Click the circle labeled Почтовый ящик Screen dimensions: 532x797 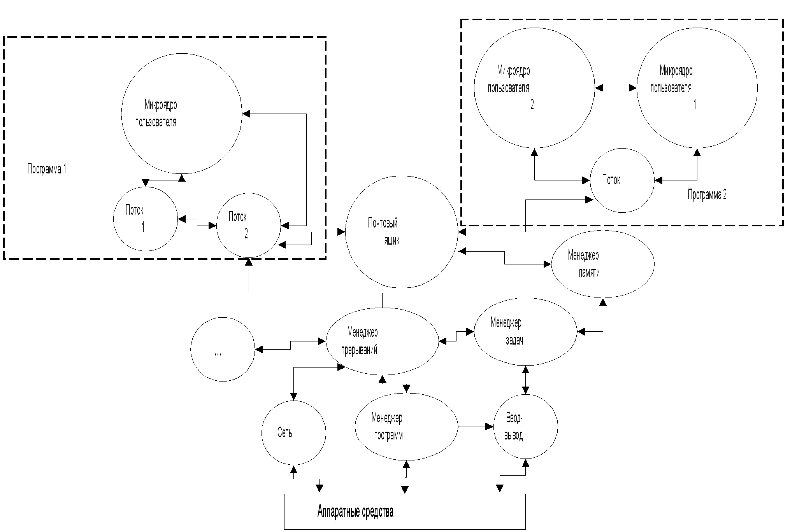click(x=401, y=232)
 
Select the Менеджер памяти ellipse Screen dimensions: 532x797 click(x=602, y=264)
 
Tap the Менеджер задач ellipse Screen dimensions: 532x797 click(x=525, y=332)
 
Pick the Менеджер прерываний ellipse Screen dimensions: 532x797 click(x=382, y=341)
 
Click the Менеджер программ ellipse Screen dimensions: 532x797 click(x=406, y=427)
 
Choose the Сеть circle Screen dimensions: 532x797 click(x=293, y=432)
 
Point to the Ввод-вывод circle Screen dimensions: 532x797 click(x=525, y=427)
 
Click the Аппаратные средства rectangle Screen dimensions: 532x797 click(x=405, y=511)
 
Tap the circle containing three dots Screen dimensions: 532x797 click(x=223, y=349)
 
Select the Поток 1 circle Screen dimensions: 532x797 click(x=145, y=219)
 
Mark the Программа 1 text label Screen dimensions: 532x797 click(x=47, y=169)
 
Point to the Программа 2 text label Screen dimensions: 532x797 click(x=707, y=194)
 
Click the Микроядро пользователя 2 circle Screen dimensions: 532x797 click(x=534, y=88)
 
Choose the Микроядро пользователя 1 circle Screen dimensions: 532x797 click(x=697, y=88)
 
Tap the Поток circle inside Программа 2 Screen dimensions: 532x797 click(x=622, y=180)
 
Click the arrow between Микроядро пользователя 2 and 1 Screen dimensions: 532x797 click(x=616, y=88)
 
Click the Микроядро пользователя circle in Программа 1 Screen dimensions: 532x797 click(x=181, y=114)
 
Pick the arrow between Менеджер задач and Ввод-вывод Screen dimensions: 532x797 click(x=525, y=380)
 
